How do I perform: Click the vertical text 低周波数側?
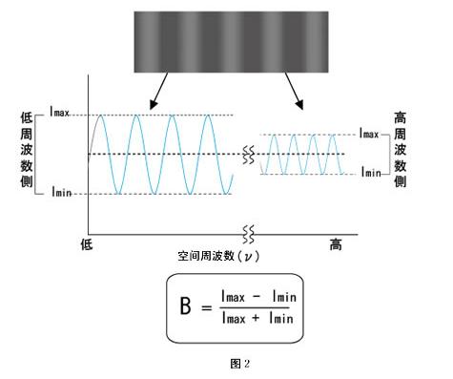point(26,155)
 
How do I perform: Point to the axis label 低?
point(86,245)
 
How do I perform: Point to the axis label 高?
point(335,245)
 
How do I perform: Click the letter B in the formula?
point(186,308)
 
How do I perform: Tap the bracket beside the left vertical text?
point(41,155)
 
